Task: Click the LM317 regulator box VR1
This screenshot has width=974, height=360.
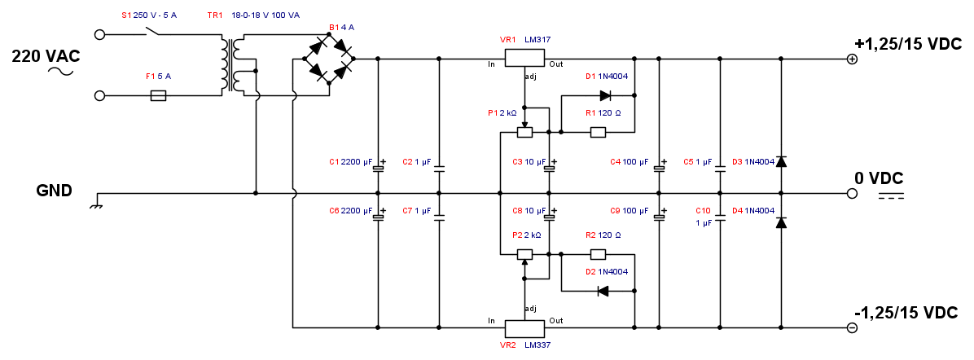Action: pos(524,59)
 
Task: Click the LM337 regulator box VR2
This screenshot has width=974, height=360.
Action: pos(524,328)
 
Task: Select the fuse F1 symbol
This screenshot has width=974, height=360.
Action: pos(160,95)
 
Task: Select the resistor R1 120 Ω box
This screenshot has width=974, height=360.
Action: pos(598,132)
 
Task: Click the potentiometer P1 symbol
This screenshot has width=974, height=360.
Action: pos(525,132)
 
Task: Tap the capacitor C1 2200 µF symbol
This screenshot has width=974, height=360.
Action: pos(378,169)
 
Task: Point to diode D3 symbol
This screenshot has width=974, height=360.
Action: pos(781,161)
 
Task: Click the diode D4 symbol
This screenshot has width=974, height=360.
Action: pos(781,222)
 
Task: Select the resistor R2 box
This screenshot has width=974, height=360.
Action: pos(598,254)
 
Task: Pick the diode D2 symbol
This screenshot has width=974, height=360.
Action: pos(603,291)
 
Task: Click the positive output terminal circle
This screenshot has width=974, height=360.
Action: pos(852,59)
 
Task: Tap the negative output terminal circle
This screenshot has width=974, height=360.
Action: pos(852,328)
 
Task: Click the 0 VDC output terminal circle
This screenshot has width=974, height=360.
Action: pos(852,194)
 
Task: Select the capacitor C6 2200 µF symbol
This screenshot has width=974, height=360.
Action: pos(378,217)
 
